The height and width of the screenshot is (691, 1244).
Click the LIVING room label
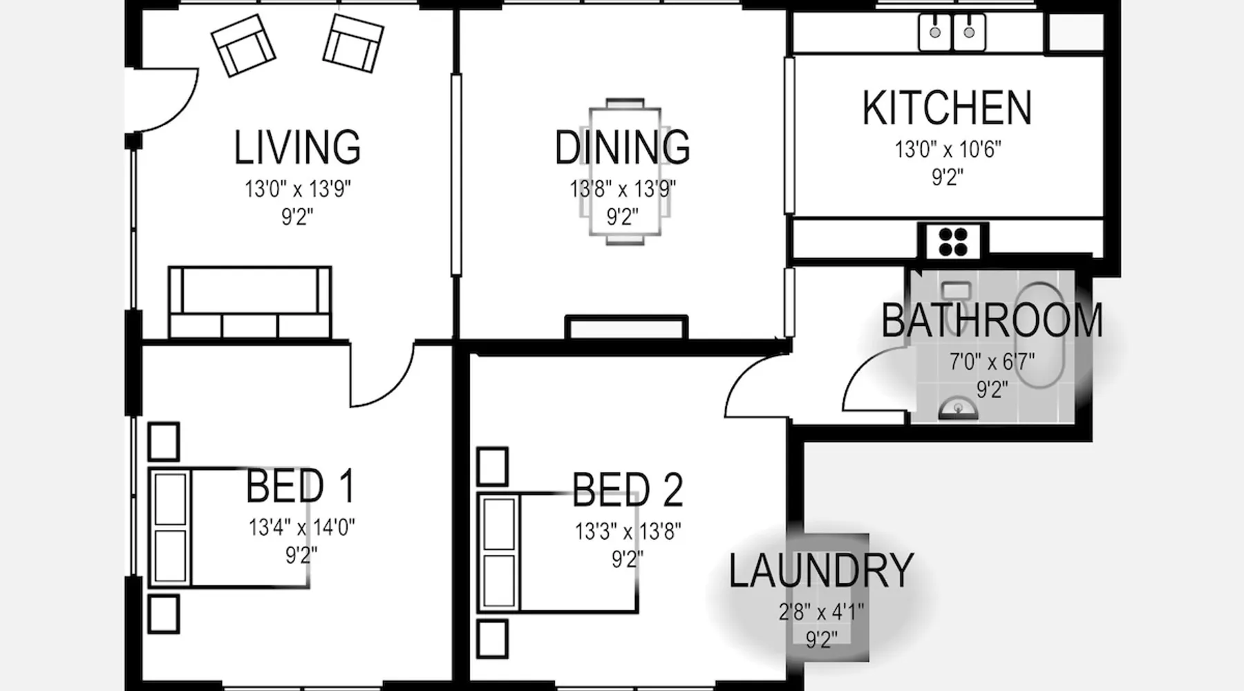pyautogui.click(x=297, y=147)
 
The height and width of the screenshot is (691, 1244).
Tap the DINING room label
pyautogui.click(x=622, y=147)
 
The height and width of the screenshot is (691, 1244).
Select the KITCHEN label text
pyautogui.click(x=947, y=108)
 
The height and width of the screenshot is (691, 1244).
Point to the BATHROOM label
pyautogui.click(x=992, y=321)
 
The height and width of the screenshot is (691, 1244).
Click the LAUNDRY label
pyautogui.click(x=821, y=571)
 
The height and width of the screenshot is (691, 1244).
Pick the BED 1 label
pyautogui.click(x=300, y=486)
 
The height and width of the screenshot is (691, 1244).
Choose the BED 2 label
pyautogui.click(x=628, y=489)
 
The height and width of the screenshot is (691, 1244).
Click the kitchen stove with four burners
pyautogui.click(x=953, y=241)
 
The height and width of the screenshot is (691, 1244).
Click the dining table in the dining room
pyautogui.click(x=625, y=171)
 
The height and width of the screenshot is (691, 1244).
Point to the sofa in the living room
pyautogui.click(x=249, y=303)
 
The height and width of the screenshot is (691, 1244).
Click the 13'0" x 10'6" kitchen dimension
pyautogui.click(x=948, y=149)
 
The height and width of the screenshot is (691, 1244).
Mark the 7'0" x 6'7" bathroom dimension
pyautogui.click(x=992, y=361)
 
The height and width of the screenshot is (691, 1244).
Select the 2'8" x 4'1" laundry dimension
pyautogui.click(x=821, y=612)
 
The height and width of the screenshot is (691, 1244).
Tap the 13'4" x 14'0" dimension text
pyautogui.click(x=301, y=528)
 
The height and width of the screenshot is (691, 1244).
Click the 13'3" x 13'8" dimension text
pyautogui.click(x=628, y=531)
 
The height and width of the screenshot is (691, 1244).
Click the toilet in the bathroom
pyautogui.click(x=956, y=294)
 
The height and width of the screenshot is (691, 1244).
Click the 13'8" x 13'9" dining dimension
pyautogui.click(x=623, y=189)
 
